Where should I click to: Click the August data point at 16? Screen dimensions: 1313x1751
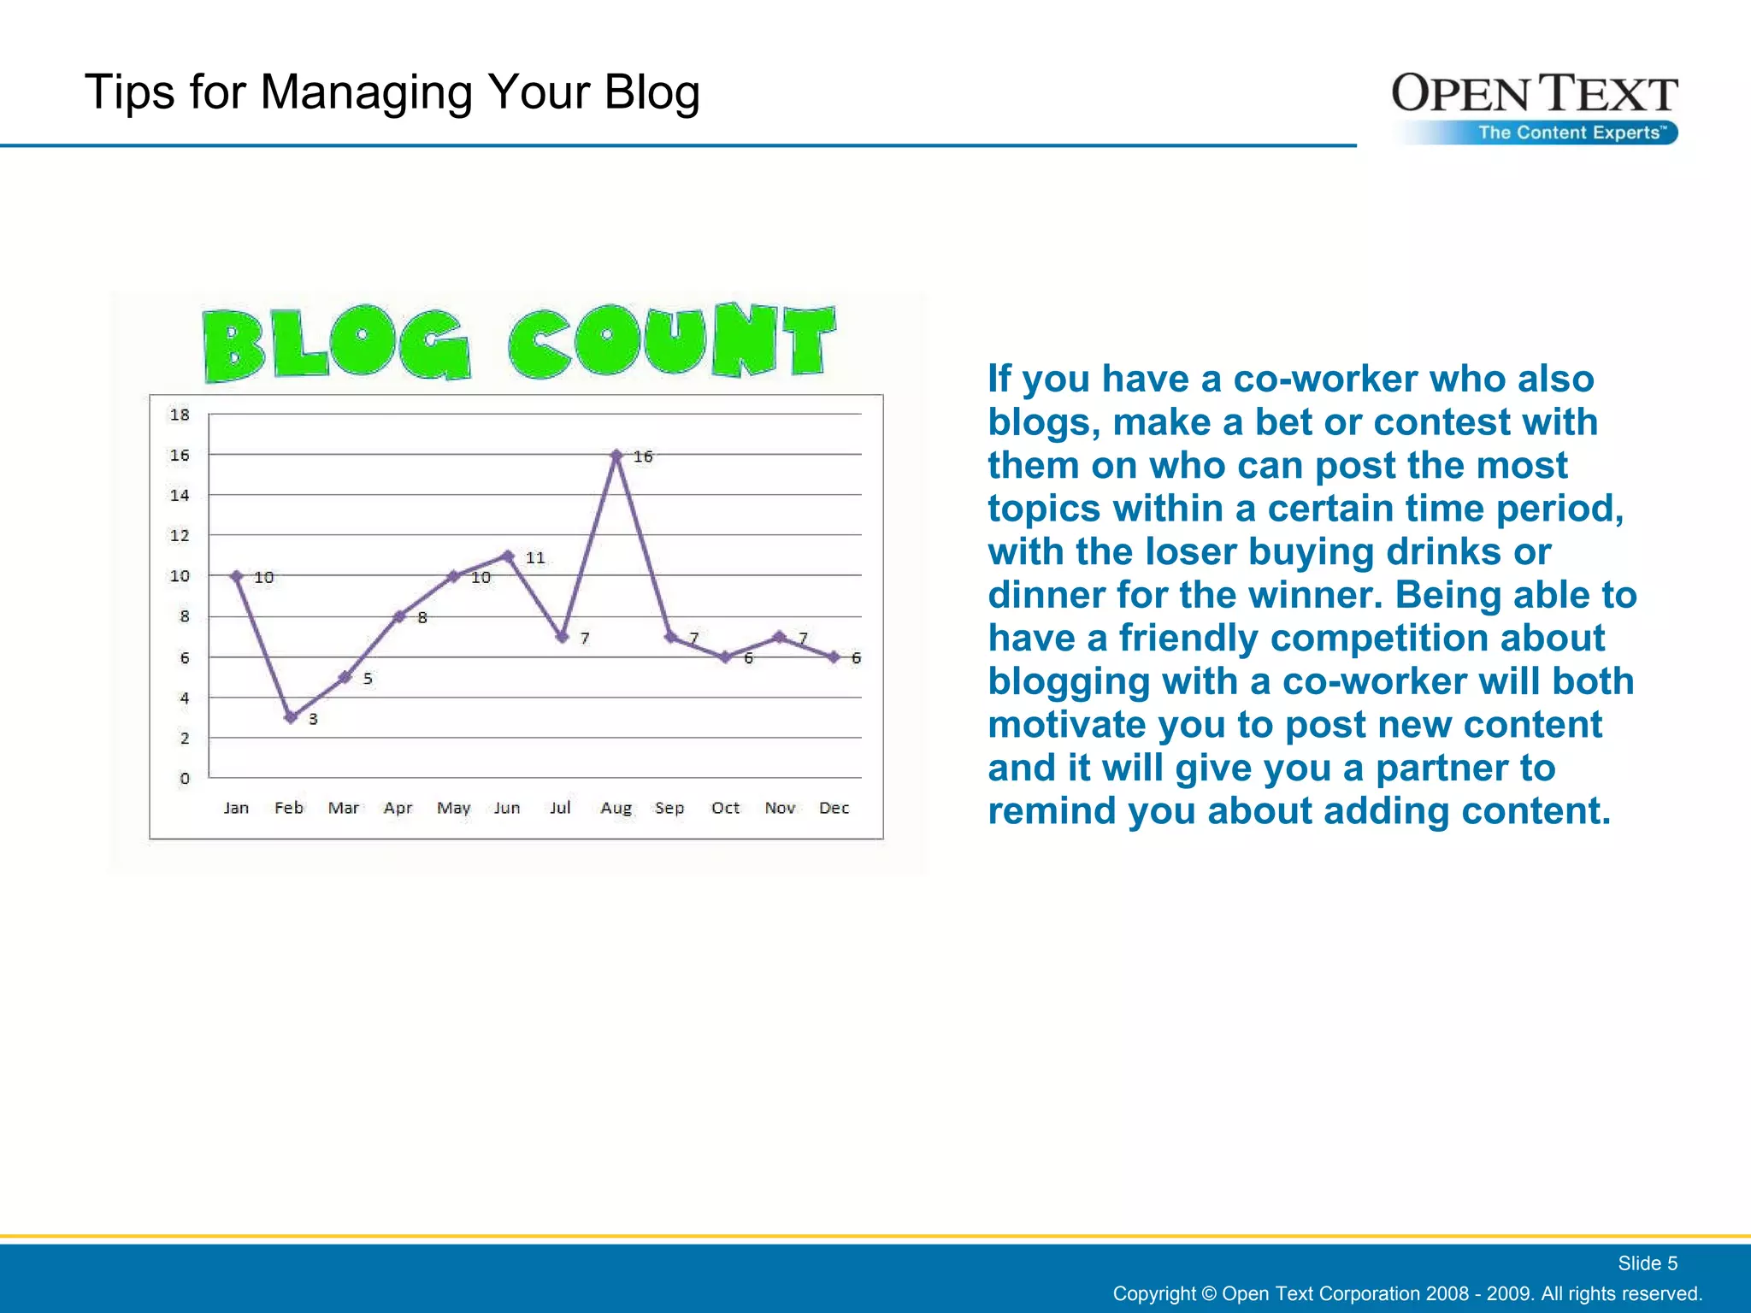pos(616,456)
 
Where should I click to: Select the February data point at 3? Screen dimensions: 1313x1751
pos(291,717)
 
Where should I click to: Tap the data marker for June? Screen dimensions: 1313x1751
pos(508,556)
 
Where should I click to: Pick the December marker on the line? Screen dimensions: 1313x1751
pos(834,656)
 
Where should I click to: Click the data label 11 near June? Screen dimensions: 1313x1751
pos(535,557)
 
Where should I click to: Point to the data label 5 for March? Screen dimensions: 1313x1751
pos(368,678)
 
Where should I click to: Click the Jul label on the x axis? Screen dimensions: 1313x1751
pos(560,808)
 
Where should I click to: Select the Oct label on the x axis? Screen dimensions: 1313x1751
pos(725,808)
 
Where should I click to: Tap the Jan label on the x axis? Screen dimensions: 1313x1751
pos(236,808)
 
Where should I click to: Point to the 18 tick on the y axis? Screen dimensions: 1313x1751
pos(180,415)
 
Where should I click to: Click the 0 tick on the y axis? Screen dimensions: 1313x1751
pos(185,778)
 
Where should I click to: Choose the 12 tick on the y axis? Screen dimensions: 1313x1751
pos(180,535)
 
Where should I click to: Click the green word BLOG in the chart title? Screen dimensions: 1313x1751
pos(336,344)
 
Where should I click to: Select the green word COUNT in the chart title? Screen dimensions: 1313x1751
pos(671,342)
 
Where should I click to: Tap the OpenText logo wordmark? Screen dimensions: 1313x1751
pos(1534,94)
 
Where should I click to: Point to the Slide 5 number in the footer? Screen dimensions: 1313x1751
pos(1647,1263)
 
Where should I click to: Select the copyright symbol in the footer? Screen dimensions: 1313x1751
pos(1208,1293)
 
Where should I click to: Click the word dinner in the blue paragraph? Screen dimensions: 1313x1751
pos(1034,595)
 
